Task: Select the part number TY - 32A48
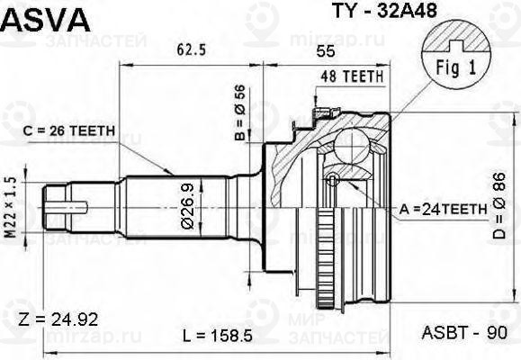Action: tap(364, 14)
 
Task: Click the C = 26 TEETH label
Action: tap(68, 131)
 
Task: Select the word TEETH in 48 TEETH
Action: tap(363, 78)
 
